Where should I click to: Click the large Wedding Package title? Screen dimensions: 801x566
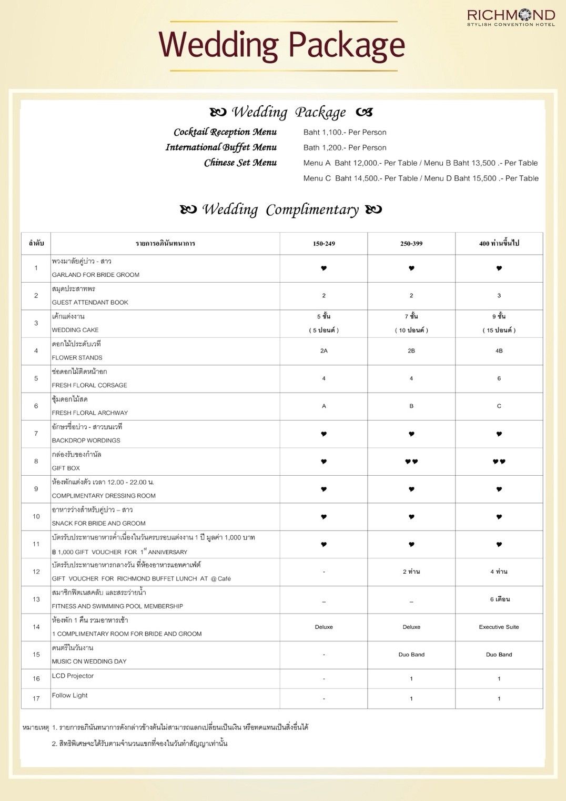point(282,45)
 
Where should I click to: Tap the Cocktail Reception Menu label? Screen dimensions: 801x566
point(225,132)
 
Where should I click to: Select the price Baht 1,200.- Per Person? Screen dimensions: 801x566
point(345,148)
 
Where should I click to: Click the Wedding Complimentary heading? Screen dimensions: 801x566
point(281,209)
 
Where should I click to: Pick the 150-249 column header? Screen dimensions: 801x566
point(324,244)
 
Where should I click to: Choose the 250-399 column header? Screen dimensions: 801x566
point(411,244)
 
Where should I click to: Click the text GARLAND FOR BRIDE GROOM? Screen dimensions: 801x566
point(96,275)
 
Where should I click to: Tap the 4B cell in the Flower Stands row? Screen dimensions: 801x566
point(499,351)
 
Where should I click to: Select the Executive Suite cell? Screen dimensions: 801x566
point(499,627)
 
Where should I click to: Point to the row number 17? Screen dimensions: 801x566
point(36,699)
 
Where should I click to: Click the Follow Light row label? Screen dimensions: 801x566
point(70,696)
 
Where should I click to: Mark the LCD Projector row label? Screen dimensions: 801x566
point(73,676)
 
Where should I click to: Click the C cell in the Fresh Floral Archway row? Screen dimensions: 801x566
point(499,406)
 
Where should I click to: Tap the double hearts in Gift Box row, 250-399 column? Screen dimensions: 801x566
point(411,462)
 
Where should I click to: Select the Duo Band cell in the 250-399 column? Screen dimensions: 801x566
point(411,655)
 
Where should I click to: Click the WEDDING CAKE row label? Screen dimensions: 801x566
point(75,330)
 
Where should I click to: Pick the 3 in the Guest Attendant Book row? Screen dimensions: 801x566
point(499,296)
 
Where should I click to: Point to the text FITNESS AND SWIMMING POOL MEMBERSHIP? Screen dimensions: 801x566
point(117,606)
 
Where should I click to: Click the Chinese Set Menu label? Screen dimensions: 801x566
point(240,163)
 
